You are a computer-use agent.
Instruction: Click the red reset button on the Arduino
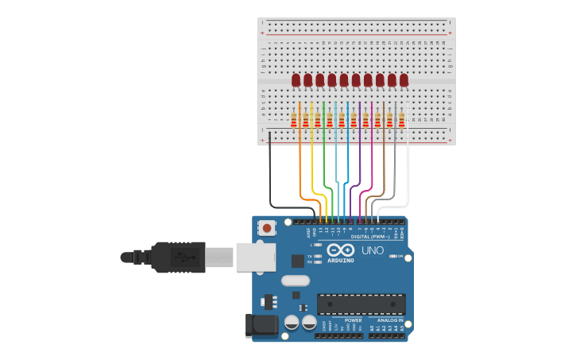(x=266, y=228)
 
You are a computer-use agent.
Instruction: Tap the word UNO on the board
(x=373, y=250)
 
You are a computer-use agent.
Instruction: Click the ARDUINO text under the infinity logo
(x=341, y=260)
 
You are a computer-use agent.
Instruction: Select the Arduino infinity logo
(x=341, y=250)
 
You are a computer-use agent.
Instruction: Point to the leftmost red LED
(x=296, y=79)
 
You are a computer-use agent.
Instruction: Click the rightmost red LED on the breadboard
(x=404, y=79)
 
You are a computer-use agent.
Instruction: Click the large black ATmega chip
(x=361, y=304)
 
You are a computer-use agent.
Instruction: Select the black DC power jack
(x=261, y=323)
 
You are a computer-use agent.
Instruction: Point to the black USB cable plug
(x=178, y=257)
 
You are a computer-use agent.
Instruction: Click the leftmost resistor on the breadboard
(x=294, y=120)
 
